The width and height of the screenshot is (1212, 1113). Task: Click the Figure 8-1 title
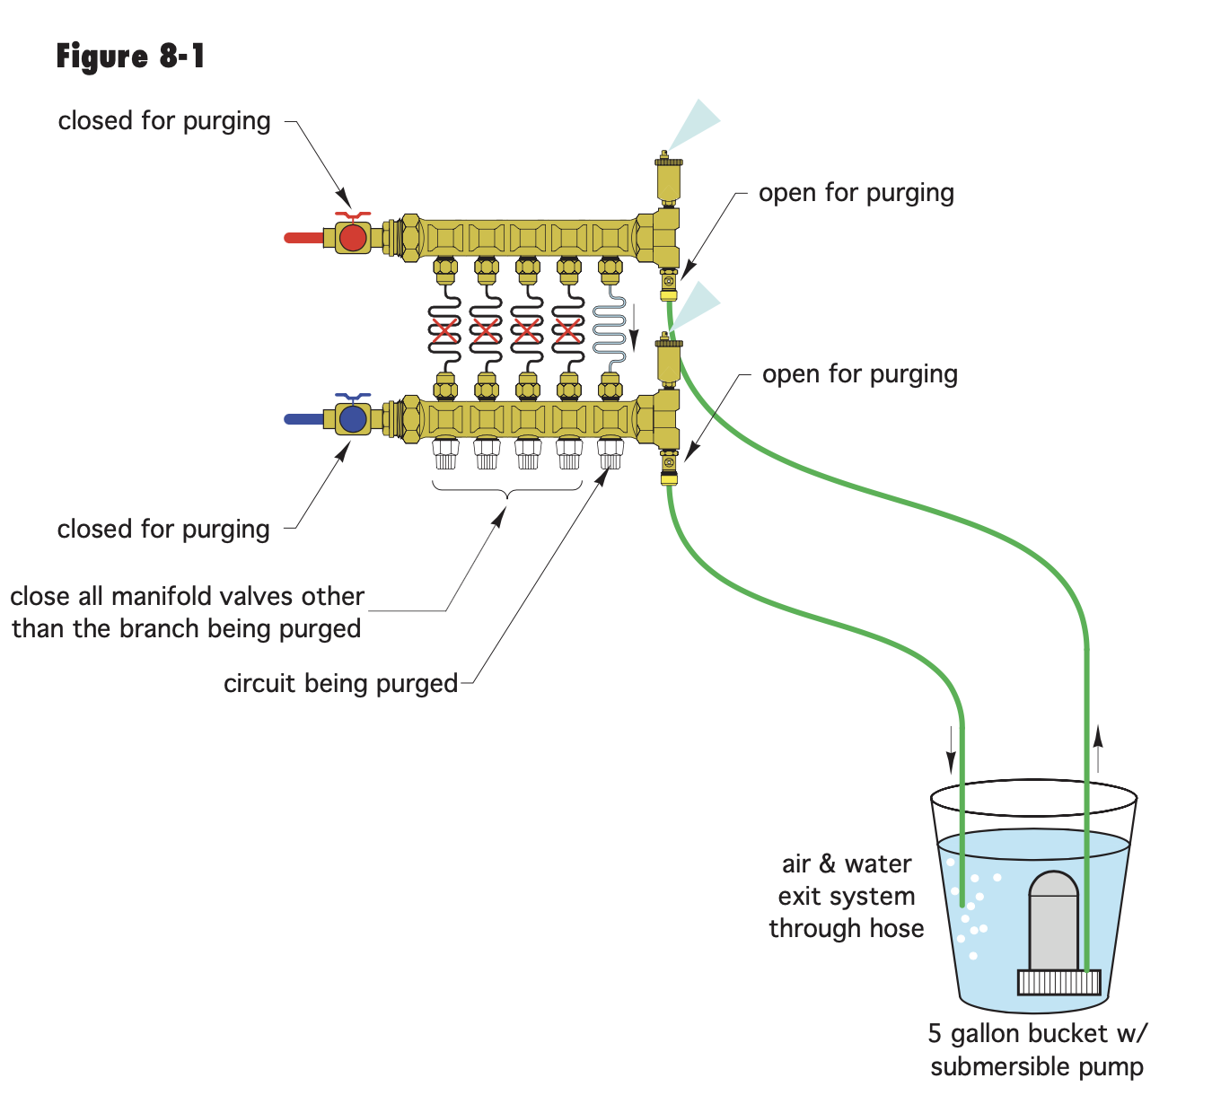[x=130, y=57]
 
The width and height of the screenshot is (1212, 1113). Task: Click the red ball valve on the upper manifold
[x=353, y=237]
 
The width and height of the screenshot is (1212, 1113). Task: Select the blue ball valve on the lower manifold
[x=353, y=418]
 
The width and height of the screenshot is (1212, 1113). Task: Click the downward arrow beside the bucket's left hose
[x=951, y=750]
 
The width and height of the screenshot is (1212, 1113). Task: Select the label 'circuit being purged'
[x=340, y=683]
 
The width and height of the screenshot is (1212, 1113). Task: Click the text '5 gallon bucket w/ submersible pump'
[x=1037, y=1050]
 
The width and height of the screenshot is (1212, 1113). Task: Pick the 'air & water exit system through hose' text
[x=846, y=896]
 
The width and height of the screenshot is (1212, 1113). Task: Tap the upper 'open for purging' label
[x=856, y=193]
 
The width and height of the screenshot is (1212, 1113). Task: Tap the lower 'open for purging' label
[x=859, y=374]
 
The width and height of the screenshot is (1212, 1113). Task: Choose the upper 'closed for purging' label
[x=164, y=121]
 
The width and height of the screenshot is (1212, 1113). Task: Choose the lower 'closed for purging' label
[x=163, y=529]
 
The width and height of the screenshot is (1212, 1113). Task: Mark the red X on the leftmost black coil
[x=444, y=330]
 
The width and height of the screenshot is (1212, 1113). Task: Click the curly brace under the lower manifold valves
[x=507, y=490]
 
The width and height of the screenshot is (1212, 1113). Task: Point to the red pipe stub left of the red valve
[x=303, y=238]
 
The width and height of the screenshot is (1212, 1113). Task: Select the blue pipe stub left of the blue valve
[x=303, y=419]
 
